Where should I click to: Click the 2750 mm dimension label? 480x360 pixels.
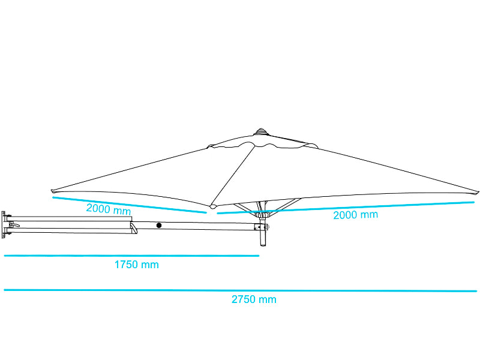pyautogui.click(x=254, y=299)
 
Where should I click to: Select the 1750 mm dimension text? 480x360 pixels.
pyautogui.click(x=137, y=265)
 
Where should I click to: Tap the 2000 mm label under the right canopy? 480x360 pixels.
pyautogui.click(x=355, y=215)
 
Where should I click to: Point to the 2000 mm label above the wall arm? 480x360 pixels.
pyautogui.click(x=109, y=209)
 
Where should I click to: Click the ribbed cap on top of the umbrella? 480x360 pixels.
pyautogui.click(x=260, y=131)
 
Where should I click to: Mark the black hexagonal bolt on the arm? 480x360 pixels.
pyautogui.click(x=159, y=226)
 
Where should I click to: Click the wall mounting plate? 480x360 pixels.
pyautogui.click(x=4, y=224)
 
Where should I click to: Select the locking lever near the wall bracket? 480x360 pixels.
pyautogui.click(x=14, y=226)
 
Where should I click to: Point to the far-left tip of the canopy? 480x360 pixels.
pyautogui.click(x=52, y=191)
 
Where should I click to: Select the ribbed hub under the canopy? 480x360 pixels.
pyautogui.click(x=263, y=215)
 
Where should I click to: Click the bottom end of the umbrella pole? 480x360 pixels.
pyautogui.click(x=263, y=245)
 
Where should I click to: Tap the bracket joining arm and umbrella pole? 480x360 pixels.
pyautogui.click(x=262, y=227)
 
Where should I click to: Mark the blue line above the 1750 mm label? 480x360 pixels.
pyautogui.click(x=131, y=256)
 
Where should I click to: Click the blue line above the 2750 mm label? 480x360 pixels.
pyautogui.click(x=241, y=290)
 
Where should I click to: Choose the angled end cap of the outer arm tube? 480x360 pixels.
pyautogui.click(x=133, y=229)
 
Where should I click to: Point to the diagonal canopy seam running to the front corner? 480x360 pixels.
pyautogui.click(x=233, y=175)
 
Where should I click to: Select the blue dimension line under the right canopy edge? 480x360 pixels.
pyautogui.click(x=346, y=208)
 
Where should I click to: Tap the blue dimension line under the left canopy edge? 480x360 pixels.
pyautogui.click(x=130, y=205)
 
